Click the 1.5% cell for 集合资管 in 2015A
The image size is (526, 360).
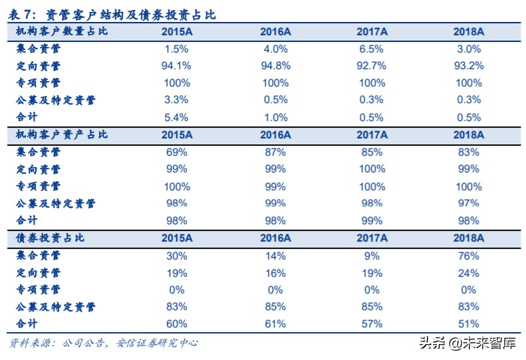177,49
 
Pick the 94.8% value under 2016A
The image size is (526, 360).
275,66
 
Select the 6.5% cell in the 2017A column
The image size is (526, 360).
372,49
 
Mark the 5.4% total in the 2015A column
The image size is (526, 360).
177,117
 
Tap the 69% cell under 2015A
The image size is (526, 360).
177,152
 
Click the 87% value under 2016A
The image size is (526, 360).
275,152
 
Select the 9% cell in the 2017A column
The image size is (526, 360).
372,256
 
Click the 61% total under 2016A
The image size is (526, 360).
275,324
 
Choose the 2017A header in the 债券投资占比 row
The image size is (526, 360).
372,238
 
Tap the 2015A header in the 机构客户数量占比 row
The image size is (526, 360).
177,31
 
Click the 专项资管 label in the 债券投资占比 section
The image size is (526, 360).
39,289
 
